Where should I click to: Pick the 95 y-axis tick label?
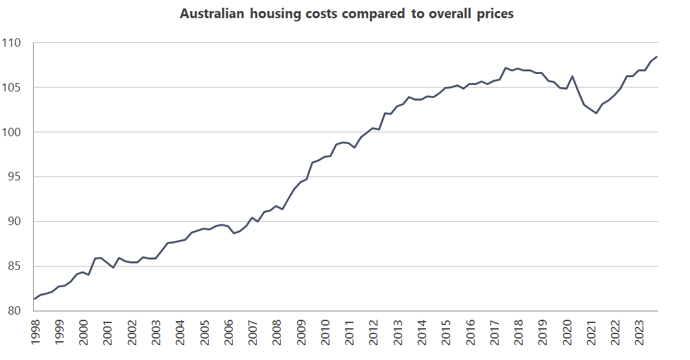point(15,177)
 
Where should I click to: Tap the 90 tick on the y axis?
point(15,222)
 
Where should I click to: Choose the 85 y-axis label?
point(15,267)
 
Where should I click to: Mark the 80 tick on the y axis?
point(15,311)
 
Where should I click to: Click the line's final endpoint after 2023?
point(658,57)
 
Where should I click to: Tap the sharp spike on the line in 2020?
point(572,77)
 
